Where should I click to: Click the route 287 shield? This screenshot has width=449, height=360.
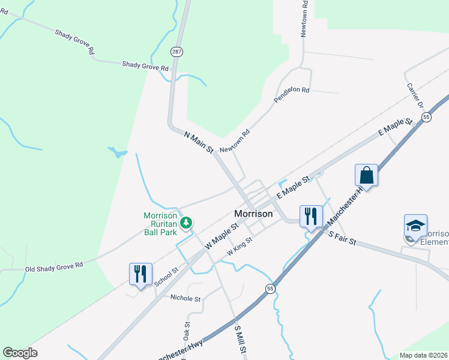176,52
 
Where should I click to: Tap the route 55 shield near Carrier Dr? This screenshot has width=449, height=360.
426,118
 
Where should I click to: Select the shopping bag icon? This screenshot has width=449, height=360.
366,176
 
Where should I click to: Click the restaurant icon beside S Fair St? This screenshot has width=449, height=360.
310,216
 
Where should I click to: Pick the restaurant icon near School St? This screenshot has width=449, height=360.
140,274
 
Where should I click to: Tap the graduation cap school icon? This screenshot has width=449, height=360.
415,226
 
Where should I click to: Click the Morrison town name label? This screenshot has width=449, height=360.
253,214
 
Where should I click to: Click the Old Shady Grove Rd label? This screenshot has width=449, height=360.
53,266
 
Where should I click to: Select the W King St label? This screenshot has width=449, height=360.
238,248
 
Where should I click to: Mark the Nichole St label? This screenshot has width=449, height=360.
185,298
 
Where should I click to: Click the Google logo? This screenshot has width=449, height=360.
20,353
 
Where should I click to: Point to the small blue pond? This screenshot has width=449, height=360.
118,152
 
